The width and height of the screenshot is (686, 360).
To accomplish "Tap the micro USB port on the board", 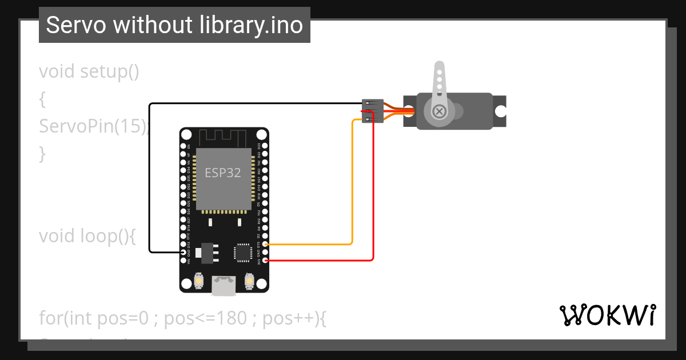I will click(x=224, y=285).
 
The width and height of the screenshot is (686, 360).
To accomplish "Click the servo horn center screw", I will click(x=439, y=111).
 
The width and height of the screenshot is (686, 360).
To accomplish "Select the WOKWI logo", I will click(x=607, y=315).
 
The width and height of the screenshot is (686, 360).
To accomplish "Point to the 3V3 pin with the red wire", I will click(x=265, y=261).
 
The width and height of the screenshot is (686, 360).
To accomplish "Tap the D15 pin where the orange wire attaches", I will click(x=265, y=244).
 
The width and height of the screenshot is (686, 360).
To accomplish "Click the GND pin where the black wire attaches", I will click(x=183, y=252).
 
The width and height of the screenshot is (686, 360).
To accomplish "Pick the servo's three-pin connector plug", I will click(x=372, y=111).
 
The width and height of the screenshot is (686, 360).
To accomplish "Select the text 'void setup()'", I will click(x=89, y=72).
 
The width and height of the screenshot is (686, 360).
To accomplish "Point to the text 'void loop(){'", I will click(x=87, y=235).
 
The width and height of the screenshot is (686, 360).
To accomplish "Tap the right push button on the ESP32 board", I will click(x=249, y=281).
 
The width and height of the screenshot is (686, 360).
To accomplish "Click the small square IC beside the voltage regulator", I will click(x=243, y=253).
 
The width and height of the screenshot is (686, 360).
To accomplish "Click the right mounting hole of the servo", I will click(x=500, y=111).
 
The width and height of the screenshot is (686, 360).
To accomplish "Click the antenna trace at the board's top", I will click(x=222, y=137).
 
